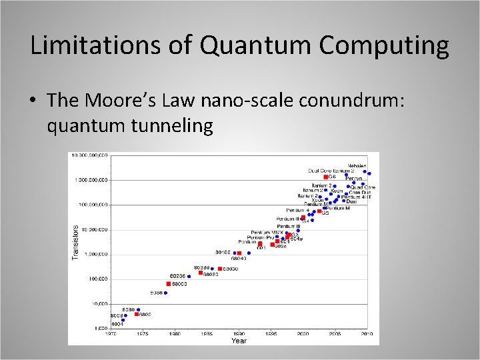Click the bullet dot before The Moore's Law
point(33,101)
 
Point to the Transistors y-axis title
point(75,241)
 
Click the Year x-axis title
point(239,341)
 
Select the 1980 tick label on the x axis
point(174,333)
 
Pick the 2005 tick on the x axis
point(335,333)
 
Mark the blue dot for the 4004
point(123,320)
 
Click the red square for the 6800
point(137,314)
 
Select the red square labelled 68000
point(169,284)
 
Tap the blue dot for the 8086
point(165,293)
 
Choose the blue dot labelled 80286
point(189,276)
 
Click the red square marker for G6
point(326,177)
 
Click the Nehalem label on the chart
point(357,165)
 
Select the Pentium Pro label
point(261,237)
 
